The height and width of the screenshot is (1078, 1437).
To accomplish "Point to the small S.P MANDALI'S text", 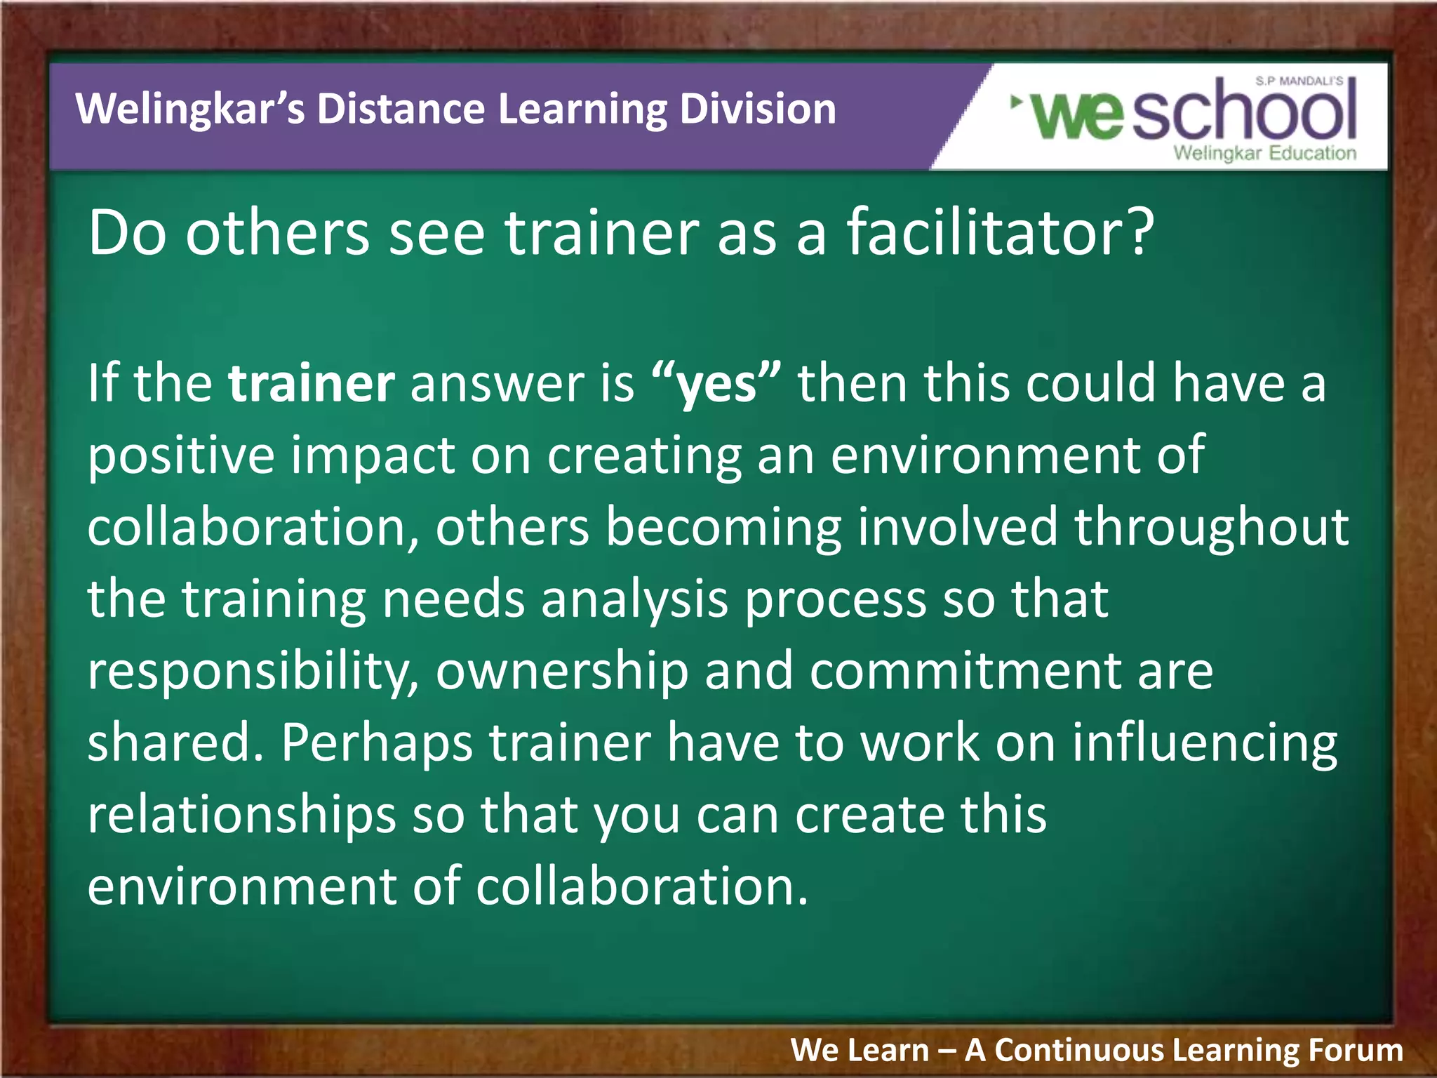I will point(1299,81).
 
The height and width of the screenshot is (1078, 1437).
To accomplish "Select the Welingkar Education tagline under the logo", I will point(1264,153).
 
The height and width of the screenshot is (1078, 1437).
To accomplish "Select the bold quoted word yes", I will point(716,385).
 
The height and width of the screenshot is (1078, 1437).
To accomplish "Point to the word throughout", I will point(1211,528).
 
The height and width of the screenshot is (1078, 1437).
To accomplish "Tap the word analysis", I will point(634,600).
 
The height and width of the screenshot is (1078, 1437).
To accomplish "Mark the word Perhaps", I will point(377,744).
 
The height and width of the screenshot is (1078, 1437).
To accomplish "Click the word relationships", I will point(241,816).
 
